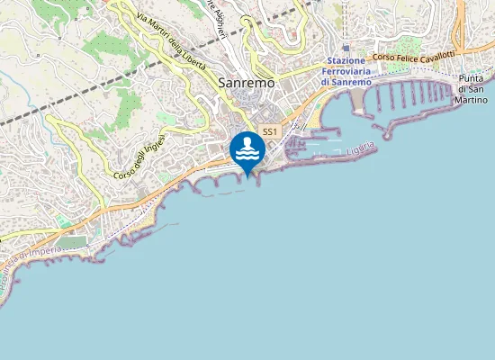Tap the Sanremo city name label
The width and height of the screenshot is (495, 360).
pyautogui.click(x=246, y=83)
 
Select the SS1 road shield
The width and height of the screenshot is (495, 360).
pyautogui.click(x=269, y=132)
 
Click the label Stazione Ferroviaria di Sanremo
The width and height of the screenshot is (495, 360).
pyautogui.click(x=346, y=71)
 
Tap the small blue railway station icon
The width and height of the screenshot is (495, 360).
pyautogui.click(x=346, y=48)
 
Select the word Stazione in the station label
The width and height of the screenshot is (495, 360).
pyautogui.click(x=346, y=60)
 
